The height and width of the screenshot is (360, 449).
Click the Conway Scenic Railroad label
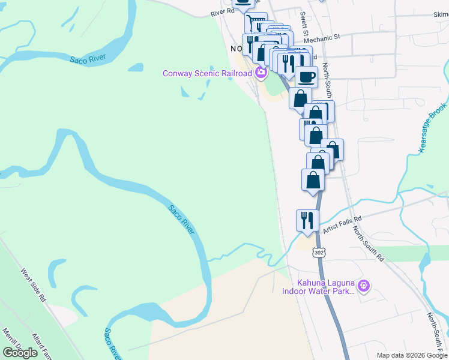pos(207,73)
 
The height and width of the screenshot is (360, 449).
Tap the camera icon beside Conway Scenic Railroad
pos(261,73)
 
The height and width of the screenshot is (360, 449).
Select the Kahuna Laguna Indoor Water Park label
pos(324,287)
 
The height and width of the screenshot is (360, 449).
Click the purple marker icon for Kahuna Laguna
pos(362,284)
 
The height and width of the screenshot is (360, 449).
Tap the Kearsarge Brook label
pos(433,128)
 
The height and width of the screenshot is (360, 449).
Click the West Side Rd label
pos(34,285)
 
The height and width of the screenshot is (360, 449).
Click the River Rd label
pos(221,12)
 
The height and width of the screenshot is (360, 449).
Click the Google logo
pos(20,353)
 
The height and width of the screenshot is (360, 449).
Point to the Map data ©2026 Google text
pos(412,355)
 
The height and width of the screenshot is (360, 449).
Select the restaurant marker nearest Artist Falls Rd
pos(307,220)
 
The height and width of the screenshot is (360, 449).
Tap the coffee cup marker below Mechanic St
pos(306,77)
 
